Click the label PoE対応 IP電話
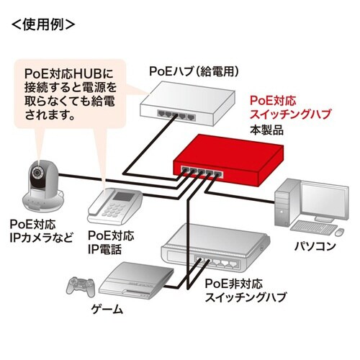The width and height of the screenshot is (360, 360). (110, 241)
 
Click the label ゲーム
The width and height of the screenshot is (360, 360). (107, 311)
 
